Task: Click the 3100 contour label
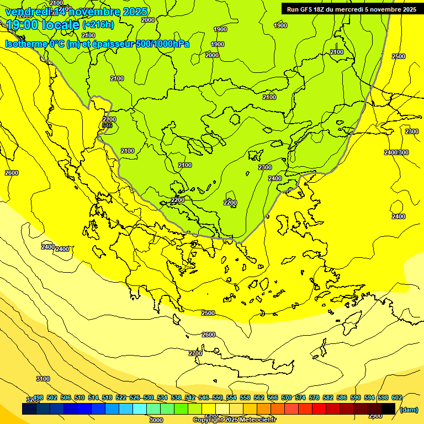pyautogui.click(x=43, y=379)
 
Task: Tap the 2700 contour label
pyautogui.click(x=195, y=353)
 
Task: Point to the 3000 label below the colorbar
pyautogui.click(x=156, y=420)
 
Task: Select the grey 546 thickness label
pyautogui.click(x=107, y=125)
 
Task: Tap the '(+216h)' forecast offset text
pyautogui.click(x=98, y=24)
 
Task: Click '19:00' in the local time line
pyautogui.click(x=20, y=24)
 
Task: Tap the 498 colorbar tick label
pyautogui.click(x=38, y=397)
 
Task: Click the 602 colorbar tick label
pyautogui.click(x=397, y=397)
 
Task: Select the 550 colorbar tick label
pyautogui.click(x=218, y=397)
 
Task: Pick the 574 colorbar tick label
pyautogui.click(x=300, y=397)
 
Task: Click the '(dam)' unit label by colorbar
pyautogui.click(x=409, y=409)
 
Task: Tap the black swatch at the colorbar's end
pyautogui.click(x=388, y=409)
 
